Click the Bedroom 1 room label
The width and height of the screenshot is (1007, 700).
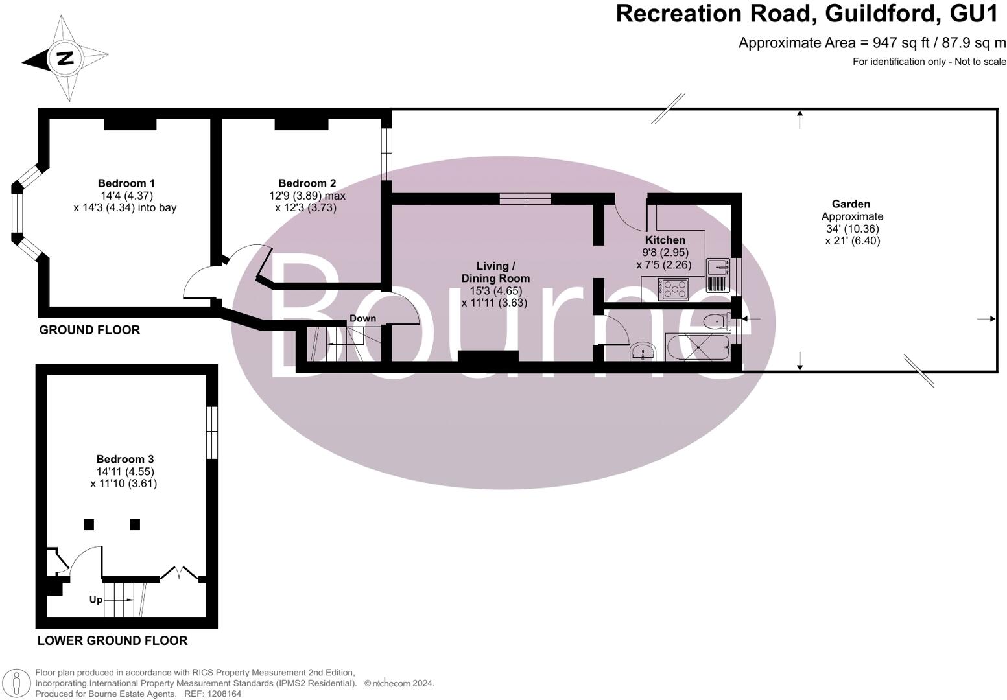(x=126, y=183)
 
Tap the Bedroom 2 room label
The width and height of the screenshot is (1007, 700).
(x=307, y=183)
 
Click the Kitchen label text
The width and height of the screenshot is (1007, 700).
(x=665, y=240)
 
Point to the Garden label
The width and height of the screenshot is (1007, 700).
(x=851, y=204)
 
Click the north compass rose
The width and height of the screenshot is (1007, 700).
(x=65, y=58)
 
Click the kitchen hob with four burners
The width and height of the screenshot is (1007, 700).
(x=675, y=288)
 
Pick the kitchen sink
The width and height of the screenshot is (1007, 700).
(x=718, y=266)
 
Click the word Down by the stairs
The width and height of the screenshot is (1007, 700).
(x=362, y=318)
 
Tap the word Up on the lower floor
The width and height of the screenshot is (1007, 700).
(x=95, y=600)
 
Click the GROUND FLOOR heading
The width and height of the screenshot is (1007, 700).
(x=89, y=330)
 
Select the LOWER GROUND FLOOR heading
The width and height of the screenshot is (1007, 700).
(x=112, y=640)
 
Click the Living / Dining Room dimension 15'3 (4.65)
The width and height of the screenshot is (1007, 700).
(x=495, y=291)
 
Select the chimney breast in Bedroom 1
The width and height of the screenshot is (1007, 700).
(x=130, y=124)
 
